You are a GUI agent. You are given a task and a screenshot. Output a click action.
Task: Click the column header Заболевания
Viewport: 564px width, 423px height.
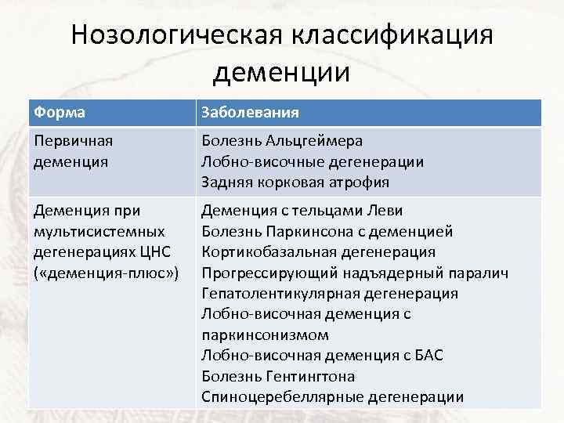(250, 112)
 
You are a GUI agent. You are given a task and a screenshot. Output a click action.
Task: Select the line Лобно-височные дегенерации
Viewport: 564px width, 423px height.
(313, 161)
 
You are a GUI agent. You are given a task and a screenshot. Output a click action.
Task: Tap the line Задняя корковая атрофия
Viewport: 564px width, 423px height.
(295, 182)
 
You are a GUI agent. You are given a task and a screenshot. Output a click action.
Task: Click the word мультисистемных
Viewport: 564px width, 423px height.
(99, 231)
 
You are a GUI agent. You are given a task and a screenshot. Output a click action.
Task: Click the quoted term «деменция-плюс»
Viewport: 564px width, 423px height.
(107, 273)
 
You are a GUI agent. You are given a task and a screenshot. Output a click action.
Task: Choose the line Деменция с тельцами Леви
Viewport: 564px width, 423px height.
(302, 211)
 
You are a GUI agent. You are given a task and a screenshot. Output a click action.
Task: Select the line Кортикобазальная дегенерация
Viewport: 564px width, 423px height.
(318, 251)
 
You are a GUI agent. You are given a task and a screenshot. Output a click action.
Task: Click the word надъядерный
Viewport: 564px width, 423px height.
(400, 273)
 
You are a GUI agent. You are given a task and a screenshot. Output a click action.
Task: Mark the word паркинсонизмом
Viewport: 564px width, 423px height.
(266, 334)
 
